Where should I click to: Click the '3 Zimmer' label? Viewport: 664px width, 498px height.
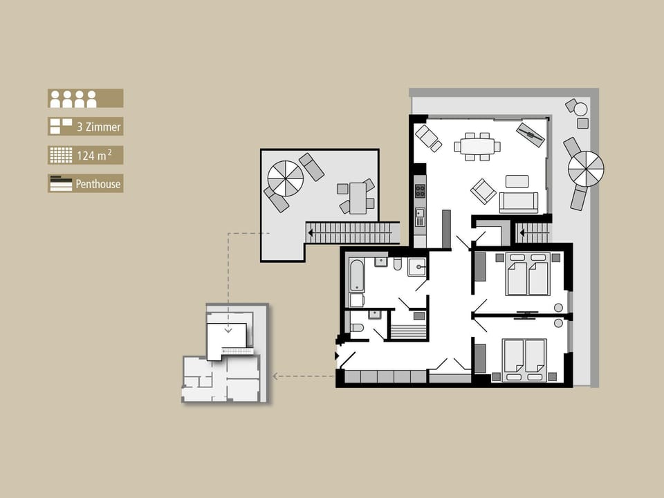(x=99, y=127)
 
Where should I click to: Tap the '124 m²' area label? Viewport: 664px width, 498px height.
(x=94, y=155)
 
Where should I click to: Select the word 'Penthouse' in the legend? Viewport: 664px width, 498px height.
(x=98, y=184)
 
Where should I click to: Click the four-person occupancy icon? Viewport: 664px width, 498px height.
(x=73, y=99)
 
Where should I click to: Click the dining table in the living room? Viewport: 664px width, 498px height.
(x=477, y=147)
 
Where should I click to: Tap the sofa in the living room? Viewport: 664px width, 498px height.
(x=518, y=203)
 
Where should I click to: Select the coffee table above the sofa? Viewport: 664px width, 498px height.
(x=517, y=181)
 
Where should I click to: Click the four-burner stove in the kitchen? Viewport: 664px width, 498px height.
(x=420, y=191)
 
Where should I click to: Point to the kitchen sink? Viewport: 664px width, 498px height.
(x=420, y=216)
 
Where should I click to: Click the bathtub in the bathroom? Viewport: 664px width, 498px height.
(x=357, y=275)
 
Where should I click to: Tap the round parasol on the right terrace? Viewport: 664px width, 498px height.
(x=586, y=169)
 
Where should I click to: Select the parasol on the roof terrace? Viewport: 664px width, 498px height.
(x=286, y=178)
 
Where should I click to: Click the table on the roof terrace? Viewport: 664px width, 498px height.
(x=358, y=199)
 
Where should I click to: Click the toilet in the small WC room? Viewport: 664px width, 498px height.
(x=357, y=328)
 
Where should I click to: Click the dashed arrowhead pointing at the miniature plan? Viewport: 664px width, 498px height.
(x=276, y=376)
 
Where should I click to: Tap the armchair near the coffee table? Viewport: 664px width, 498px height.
(x=483, y=191)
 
